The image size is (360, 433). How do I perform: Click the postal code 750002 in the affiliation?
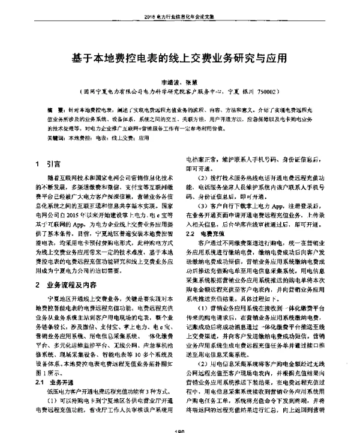264,94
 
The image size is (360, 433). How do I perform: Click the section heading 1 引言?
47,163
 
